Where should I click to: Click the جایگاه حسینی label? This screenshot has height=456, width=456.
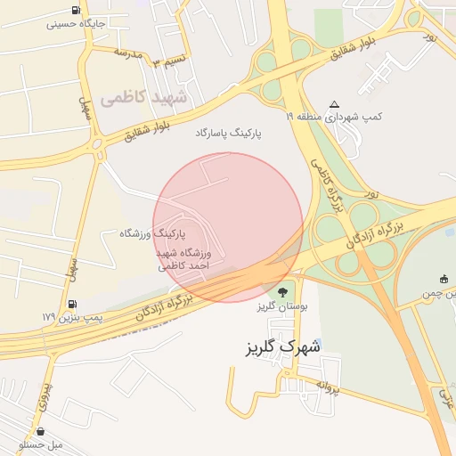pos(81,24)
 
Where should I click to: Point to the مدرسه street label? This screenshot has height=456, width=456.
pos(127,53)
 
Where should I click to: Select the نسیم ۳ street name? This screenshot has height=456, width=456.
pos(168,61)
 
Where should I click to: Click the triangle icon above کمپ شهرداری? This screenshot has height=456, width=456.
pos(334,104)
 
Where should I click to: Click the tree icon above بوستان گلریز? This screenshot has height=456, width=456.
pos(282,291)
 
